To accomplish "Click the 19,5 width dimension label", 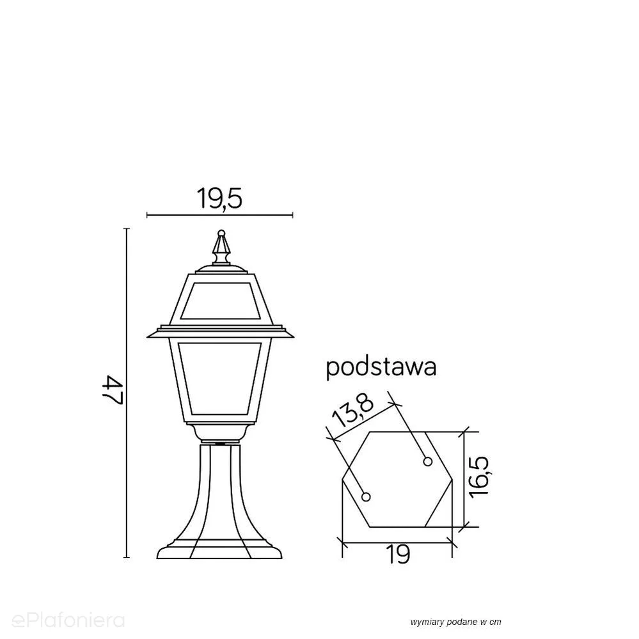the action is click(219, 198).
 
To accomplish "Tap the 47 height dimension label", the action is click(112, 390).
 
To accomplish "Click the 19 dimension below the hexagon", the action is click(398, 554).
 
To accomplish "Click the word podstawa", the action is click(381, 368).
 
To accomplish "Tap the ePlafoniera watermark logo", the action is click(68, 620).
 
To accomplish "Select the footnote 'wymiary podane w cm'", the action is click(455, 622).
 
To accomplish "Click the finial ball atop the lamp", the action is click(221, 233).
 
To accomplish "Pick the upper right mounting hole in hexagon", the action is click(427, 461).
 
